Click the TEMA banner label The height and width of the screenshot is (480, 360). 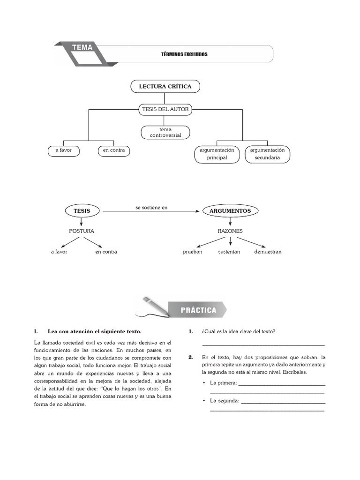82,47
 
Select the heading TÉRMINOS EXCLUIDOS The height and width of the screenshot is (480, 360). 184,54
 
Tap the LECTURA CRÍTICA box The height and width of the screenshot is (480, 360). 165,87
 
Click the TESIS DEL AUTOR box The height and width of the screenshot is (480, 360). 165,109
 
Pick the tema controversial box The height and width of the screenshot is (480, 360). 165,132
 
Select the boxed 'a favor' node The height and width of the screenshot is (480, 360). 63,150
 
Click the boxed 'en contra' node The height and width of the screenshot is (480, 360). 114,150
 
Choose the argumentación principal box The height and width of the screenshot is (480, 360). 217,154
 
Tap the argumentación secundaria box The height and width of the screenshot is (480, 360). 267,154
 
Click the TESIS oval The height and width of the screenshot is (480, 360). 82,211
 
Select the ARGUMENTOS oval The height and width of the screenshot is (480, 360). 230,211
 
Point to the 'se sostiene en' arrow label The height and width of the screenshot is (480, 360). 151,207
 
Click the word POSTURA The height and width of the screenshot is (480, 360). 82,231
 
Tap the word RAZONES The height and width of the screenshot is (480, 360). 230,231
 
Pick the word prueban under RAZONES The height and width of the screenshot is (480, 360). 192,252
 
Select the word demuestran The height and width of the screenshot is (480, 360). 268,252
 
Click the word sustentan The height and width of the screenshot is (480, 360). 229,252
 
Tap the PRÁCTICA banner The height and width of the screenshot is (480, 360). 199,310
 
